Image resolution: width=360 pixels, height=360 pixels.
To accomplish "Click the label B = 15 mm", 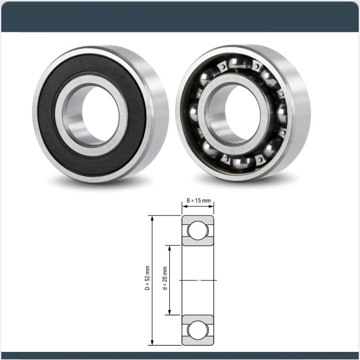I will tap(198, 201).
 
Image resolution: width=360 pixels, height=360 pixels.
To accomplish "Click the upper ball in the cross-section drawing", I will tap(198, 231).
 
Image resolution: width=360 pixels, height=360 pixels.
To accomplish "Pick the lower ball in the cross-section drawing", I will tap(198, 330).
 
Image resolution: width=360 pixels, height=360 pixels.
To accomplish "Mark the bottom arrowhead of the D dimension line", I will tap(153, 343).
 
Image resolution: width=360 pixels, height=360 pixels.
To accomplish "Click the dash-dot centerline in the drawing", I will tap(198, 280).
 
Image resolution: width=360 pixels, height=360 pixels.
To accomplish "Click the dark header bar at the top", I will tap(180, 16).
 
